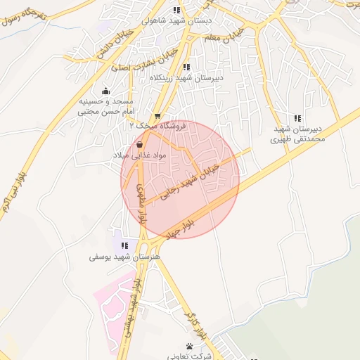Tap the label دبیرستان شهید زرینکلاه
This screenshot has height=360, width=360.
186,78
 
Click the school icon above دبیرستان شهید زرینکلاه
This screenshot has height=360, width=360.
186,67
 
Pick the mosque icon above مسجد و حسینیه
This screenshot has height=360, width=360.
105,90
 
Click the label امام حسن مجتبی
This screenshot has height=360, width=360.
105,112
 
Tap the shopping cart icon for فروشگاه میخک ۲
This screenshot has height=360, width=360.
157,116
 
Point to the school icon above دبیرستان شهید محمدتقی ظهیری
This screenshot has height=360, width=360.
297,118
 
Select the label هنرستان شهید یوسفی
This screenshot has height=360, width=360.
124,257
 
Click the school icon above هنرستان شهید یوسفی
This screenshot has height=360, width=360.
124,245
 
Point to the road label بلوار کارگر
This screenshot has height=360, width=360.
196,323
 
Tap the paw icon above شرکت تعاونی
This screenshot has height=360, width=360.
191,345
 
